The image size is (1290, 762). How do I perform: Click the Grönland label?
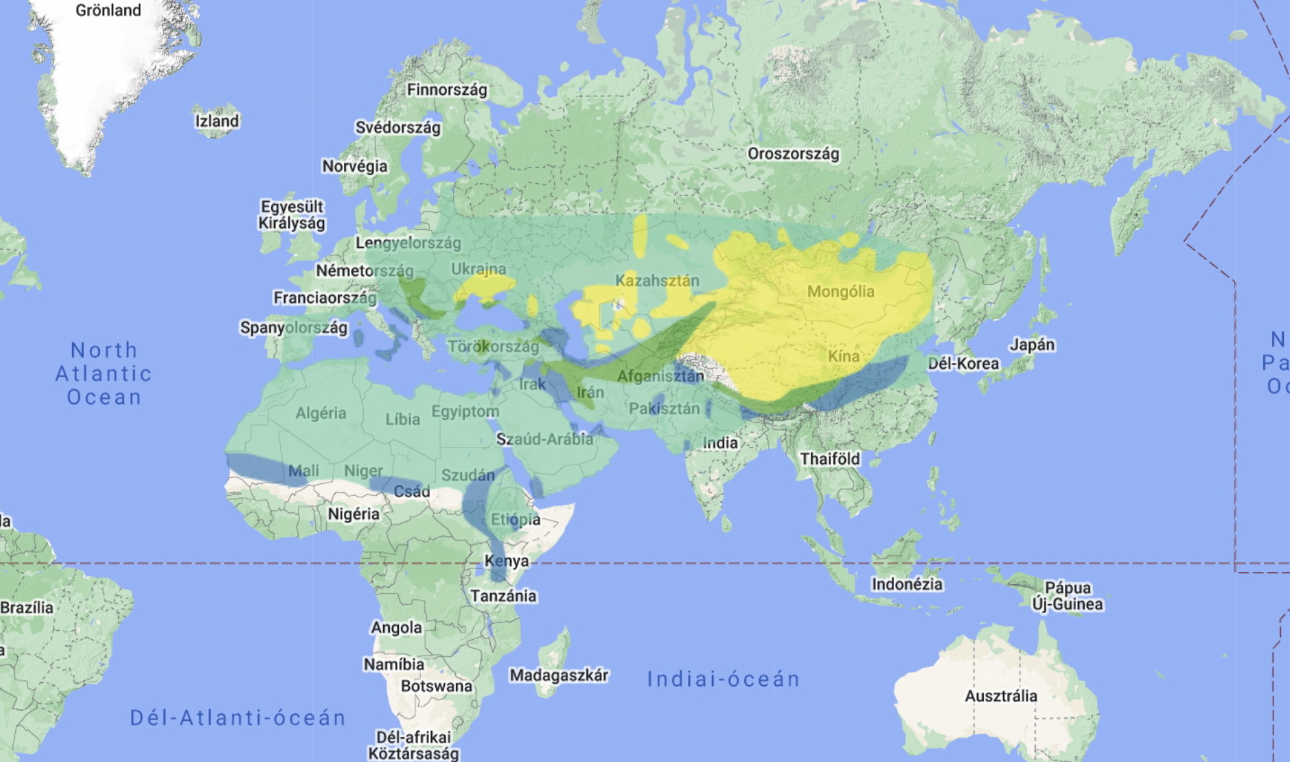coord(108,10)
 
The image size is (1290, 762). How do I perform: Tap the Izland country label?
coord(217,122)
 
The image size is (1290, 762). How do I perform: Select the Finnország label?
coord(447,90)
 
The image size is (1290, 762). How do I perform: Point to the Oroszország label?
coord(793,154)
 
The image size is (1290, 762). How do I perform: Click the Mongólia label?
coord(840,292)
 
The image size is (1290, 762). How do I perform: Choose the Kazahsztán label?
coord(657,280)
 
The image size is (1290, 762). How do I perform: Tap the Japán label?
coord(1031,345)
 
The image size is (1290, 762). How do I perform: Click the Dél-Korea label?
coord(963,364)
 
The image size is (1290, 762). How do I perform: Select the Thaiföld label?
coord(829,459)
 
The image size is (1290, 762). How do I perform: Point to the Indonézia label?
coord(907,584)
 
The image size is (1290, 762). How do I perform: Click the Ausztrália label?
coord(1001,696)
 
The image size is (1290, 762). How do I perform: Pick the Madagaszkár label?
coord(559,676)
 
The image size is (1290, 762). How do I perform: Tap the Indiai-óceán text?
coord(724,679)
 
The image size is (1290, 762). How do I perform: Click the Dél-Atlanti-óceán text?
coord(238,717)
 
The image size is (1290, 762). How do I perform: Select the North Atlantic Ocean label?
coord(104,373)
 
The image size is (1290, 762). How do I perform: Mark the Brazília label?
coord(27,608)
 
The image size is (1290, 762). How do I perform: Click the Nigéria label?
coord(353,514)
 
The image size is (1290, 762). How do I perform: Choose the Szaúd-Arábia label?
coord(544,439)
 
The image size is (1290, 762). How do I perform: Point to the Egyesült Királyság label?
coord(292,215)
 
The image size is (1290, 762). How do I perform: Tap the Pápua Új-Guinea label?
coord(1067,596)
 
